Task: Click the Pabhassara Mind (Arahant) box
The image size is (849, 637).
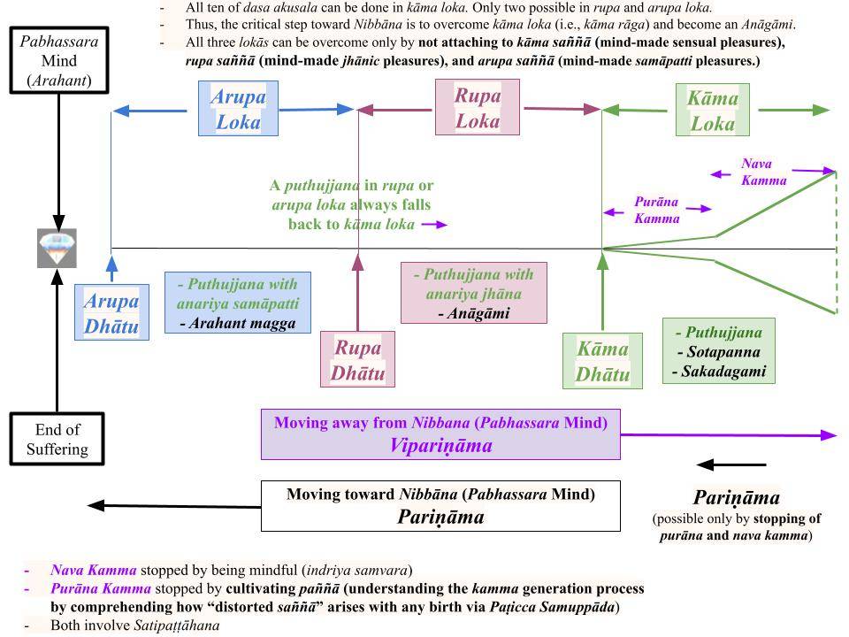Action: coord(58,60)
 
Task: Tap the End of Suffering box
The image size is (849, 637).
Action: coord(57,439)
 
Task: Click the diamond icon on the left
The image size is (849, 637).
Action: coord(57,249)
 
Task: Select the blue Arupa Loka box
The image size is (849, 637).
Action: coord(238,109)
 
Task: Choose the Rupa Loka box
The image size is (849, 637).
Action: coord(478,107)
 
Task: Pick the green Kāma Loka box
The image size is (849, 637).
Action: coord(712,111)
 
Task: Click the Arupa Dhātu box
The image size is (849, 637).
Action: coord(111,313)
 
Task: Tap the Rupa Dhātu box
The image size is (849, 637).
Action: coord(357,359)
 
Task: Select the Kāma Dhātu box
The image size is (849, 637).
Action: coord(602,361)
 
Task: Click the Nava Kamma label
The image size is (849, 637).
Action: coord(763,173)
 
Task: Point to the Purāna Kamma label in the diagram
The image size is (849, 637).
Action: coord(656,211)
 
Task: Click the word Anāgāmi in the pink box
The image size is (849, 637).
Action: coord(478,313)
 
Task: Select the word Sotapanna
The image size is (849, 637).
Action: coord(721,352)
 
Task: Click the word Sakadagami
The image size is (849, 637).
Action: coord(719,372)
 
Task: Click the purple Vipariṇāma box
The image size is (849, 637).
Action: coord(440,434)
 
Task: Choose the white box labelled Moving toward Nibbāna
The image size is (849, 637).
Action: coord(440,506)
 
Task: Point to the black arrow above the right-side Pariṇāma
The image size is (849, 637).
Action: coord(731,464)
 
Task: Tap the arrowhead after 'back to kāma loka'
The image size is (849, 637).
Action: coord(440,225)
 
